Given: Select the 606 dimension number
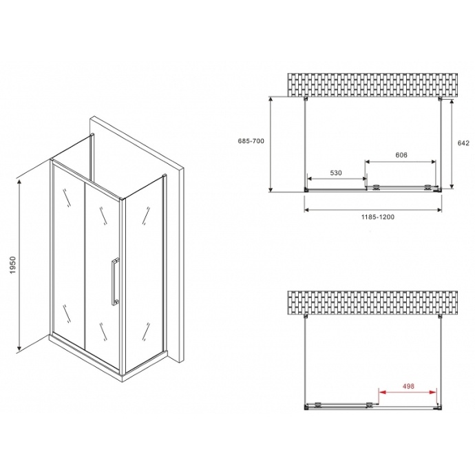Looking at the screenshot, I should [x=401, y=155].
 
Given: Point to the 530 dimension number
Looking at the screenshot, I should [x=335, y=173].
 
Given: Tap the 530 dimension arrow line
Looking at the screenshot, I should [x=335, y=180].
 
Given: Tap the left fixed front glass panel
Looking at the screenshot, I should [x=68, y=255].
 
